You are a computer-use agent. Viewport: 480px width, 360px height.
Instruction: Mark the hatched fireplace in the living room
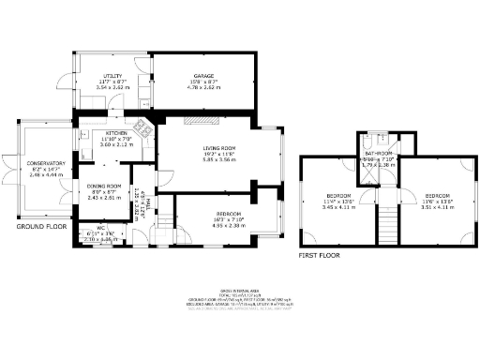200,120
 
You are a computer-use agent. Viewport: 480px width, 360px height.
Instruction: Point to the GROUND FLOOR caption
38,226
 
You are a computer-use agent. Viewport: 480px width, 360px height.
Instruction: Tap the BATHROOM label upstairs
381,152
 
